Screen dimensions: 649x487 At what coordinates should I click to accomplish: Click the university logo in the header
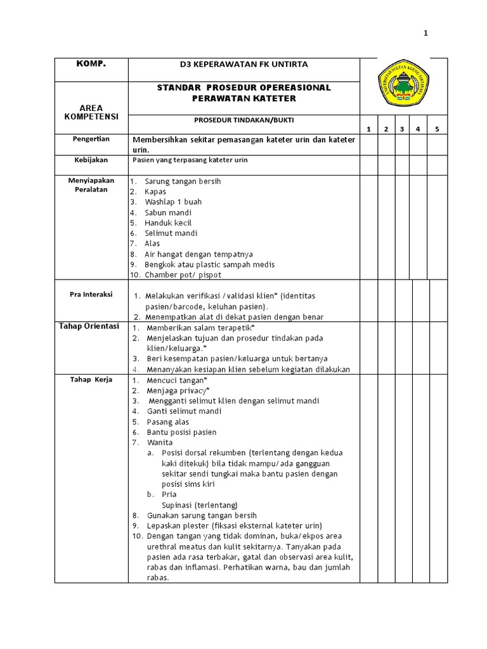coord(403,87)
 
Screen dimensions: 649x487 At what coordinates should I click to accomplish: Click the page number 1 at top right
coord(426,34)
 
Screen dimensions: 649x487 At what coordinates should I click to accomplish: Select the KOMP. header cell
coord(91,65)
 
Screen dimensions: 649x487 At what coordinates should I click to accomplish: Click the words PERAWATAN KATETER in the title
coord(243,99)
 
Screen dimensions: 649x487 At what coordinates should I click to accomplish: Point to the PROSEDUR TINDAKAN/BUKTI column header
coord(243,120)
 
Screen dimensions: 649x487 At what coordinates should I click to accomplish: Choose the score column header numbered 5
coord(436,129)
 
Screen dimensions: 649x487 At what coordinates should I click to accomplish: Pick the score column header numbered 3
coord(401,129)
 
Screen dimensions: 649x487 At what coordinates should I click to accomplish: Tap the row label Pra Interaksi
coord(91,294)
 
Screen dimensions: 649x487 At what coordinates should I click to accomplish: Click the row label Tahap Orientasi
coord(89,326)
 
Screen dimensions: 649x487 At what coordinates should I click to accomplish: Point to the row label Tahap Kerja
coord(91,379)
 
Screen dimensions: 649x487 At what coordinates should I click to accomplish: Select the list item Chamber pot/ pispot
coord(183,274)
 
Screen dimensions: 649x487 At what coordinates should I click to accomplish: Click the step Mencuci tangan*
coord(172,380)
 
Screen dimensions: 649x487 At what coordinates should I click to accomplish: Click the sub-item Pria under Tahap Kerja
coord(169,494)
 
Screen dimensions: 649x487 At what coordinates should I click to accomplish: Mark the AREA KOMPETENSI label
coord(91,113)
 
